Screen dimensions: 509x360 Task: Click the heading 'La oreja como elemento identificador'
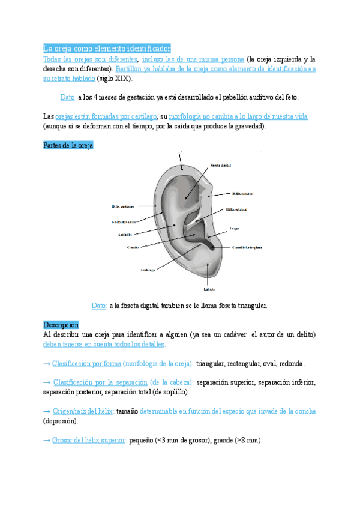(x=107, y=48)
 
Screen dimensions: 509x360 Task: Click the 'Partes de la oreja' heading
(x=68, y=146)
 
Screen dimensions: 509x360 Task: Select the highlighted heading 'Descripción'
(x=61, y=325)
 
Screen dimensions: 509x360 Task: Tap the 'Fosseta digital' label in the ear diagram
(x=220, y=164)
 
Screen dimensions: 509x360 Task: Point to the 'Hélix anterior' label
(x=242, y=193)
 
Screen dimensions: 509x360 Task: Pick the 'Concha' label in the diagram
(x=133, y=247)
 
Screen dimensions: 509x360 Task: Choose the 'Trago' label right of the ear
(x=234, y=228)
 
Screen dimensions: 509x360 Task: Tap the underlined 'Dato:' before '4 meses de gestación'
(x=68, y=97)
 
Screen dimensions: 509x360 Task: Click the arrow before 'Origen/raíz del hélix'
(x=47, y=411)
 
